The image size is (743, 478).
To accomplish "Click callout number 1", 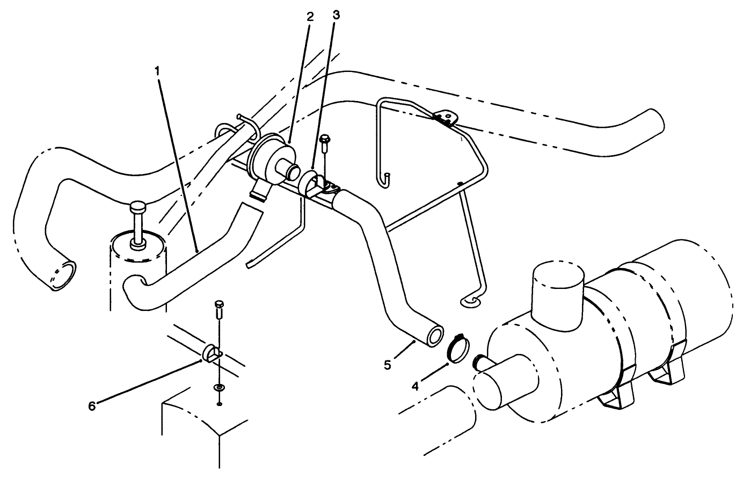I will pos(158,71).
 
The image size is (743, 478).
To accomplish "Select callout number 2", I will pos(310,16).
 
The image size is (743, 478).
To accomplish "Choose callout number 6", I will pos(92,406).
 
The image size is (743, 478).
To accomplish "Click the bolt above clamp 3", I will pos(324,141).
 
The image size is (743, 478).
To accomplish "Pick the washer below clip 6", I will pos(218,387).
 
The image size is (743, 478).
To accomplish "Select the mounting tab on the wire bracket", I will pos(443,117).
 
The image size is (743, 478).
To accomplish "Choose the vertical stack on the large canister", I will pos(557,290).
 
